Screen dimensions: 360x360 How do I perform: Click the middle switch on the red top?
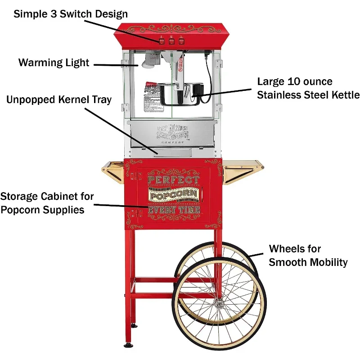coord(171,41)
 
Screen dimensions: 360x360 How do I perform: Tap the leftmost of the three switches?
coord(161,41)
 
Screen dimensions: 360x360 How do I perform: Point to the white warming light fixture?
coord(149,63)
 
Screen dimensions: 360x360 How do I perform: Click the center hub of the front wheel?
coord(218,304)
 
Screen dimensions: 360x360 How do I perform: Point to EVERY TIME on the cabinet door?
coord(174,210)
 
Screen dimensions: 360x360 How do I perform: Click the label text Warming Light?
coord(54,62)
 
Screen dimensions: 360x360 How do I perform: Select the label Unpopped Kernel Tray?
coord(58,99)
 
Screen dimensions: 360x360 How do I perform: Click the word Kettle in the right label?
coord(345,94)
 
